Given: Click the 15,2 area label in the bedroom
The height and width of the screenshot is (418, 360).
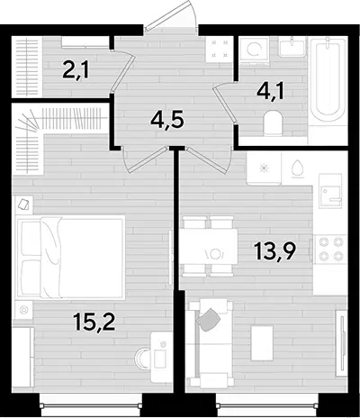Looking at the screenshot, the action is click(x=94, y=322).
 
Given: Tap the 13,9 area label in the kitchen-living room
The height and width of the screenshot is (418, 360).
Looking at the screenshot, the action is click(x=275, y=252).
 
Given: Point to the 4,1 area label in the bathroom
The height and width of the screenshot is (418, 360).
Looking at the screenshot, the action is click(x=270, y=91).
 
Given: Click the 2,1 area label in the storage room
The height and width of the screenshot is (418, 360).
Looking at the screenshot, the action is click(x=76, y=69).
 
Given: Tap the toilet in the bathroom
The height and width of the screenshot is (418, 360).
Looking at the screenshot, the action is click(x=273, y=123).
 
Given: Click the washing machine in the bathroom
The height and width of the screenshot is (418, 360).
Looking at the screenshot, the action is click(x=255, y=51).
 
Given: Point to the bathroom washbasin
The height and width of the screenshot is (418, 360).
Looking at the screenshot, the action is click(x=292, y=47).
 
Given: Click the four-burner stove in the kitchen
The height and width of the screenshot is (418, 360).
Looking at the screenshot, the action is click(x=331, y=249).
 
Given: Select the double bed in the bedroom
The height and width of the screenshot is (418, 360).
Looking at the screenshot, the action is click(x=71, y=258).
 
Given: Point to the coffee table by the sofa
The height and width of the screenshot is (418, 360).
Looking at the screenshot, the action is click(x=262, y=343).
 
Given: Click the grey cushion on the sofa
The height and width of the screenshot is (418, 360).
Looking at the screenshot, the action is click(x=209, y=320).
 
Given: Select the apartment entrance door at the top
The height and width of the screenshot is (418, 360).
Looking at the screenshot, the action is click(x=170, y=17).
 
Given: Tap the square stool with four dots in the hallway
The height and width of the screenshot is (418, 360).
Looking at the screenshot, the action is click(x=220, y=49).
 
